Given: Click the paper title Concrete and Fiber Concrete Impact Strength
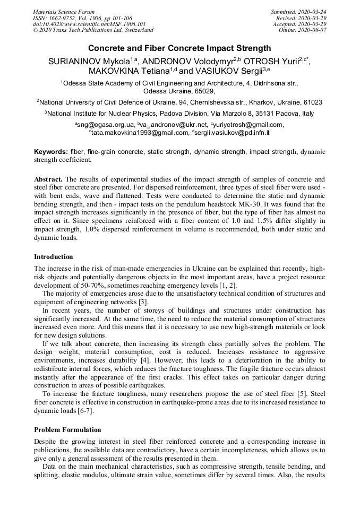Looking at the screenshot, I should click(x=179, y=48).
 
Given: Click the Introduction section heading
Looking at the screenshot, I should click(x=54, y=257).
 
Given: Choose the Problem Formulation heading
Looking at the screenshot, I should click(x=67, y=429).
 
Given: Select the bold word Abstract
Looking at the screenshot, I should click(x=49, y=179).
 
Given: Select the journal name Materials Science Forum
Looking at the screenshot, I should click(x=64, y=11).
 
